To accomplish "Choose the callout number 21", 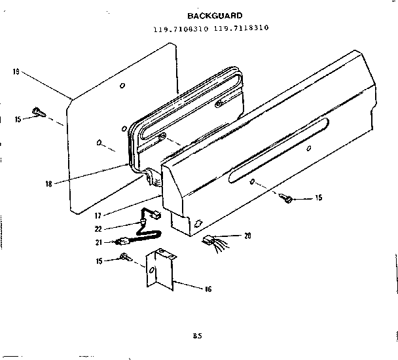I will (98, 242).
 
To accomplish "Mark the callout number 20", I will (247, 236).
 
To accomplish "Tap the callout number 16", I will (208, 289).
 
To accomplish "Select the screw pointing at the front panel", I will (286, 198).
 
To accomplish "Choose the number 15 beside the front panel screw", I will (318, 197).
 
